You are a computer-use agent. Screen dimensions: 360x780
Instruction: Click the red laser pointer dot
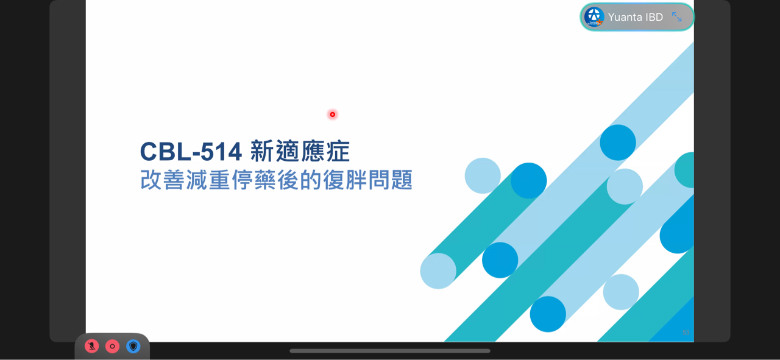pos(332,115)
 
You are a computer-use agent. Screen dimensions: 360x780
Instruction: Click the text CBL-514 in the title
pos(191,152)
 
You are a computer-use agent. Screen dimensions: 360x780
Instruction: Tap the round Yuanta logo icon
pos(594,17)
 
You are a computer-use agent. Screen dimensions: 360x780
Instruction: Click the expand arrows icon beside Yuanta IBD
pos(677,17)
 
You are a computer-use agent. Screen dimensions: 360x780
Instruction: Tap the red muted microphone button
pos(91,347)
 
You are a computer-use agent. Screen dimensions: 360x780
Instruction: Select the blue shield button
pos(133,347)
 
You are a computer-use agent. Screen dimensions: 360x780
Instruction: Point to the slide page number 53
pos(686,333)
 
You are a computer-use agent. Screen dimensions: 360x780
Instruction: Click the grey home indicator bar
pos(390,351)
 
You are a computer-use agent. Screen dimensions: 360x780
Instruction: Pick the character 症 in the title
pos(338,152)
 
